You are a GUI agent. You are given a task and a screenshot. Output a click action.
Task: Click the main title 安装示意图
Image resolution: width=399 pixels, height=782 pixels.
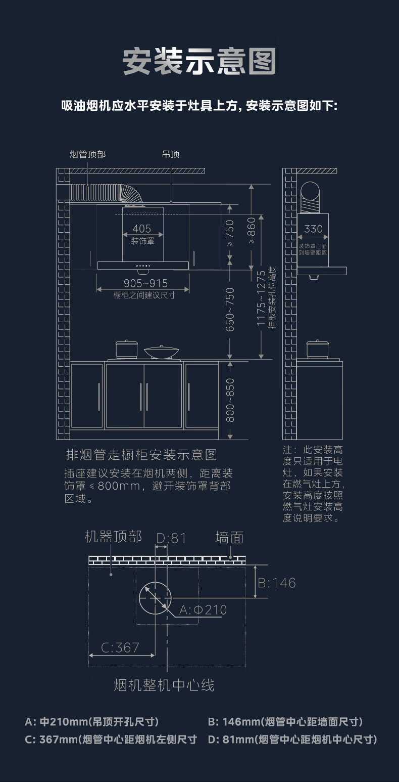[x=199, y=62]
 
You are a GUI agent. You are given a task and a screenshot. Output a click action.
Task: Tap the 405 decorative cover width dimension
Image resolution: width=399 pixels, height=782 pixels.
[x=142, y=229]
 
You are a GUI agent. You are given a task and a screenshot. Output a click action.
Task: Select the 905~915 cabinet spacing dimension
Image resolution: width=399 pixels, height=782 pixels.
[x=145, y=283]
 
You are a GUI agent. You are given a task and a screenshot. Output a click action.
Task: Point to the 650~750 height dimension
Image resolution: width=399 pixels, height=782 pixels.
[x=230, y=310]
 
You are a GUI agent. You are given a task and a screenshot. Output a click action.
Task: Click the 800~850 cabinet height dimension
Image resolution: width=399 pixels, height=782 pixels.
[x=230, y=400]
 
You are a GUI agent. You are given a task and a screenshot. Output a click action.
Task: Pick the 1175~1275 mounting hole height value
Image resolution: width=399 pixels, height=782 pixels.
[x=261, y=298]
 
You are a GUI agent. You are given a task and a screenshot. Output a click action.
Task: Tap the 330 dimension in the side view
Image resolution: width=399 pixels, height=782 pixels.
[x=313, y=229]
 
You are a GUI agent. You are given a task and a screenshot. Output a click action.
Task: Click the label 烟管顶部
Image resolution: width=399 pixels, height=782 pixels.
[x=88, y=154]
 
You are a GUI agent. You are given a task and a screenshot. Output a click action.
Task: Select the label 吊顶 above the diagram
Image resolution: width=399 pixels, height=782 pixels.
[x=171, y=154]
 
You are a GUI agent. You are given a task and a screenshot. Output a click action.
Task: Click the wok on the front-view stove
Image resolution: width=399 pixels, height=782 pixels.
[x=161, y=352]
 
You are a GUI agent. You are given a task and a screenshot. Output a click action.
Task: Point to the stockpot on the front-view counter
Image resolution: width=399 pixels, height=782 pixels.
[x=126, y=350]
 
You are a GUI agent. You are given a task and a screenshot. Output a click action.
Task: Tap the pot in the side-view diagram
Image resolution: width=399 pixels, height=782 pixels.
[x=318, y=349]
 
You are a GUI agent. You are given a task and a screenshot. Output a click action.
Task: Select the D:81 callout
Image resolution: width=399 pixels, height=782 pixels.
[x=171, y=539]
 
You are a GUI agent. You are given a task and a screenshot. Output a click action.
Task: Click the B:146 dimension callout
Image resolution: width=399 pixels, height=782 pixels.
[x=277, y=583]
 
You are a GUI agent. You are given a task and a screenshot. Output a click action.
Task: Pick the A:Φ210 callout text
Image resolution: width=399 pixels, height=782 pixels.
[x=203, y=610]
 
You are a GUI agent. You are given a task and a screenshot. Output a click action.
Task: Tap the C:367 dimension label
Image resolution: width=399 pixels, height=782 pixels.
[x=120, y=647]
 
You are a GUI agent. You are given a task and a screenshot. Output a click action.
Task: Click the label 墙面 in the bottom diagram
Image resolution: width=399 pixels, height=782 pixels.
[x=229, y=537]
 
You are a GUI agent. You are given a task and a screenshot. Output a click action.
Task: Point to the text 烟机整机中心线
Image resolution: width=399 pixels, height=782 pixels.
[x=164, y=685]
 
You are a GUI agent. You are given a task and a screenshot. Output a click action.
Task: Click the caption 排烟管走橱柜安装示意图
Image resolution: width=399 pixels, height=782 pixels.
[x=141, y=455]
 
